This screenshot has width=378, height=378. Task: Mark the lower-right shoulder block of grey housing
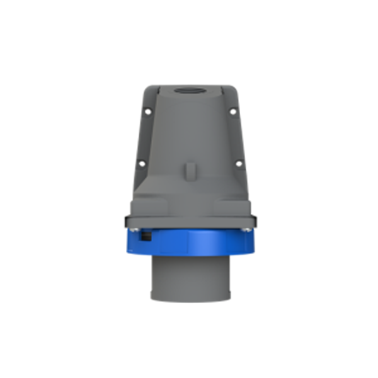[238, 202]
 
